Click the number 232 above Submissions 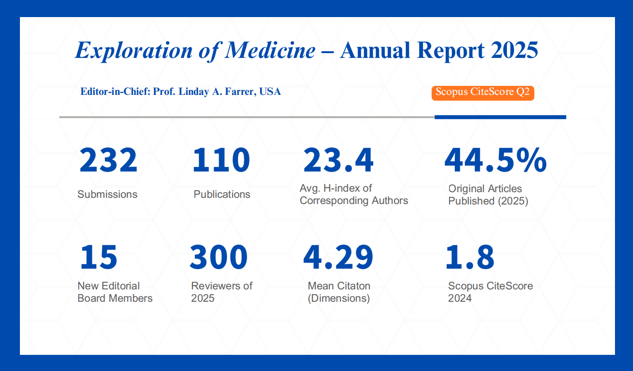[108, 160]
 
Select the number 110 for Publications [221, 160]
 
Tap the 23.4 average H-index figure [338, 160]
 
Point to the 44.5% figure [495, 160]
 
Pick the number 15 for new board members [98, 257]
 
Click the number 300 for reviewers [219, 257]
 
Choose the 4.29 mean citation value [338, 257]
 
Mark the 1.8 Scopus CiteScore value [469, 257]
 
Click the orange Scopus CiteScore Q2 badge [483, 93]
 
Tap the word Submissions [108, 195]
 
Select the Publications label [222, 195]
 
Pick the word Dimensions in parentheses [339, 298]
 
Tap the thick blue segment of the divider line [500, 117]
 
